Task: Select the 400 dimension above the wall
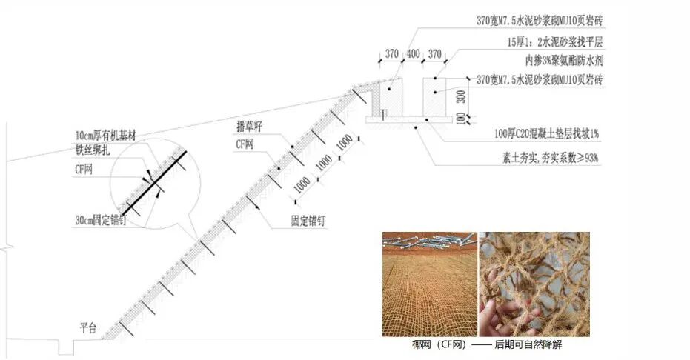(x=413, y=54)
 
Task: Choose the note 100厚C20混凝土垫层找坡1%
(x=547, y=134)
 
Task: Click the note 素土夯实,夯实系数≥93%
(x=550, y=158)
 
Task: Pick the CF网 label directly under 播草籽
(x=245, y=145)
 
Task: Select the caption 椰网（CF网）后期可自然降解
(x=491, y=344)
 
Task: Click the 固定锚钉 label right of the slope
(x=309, y=221)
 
